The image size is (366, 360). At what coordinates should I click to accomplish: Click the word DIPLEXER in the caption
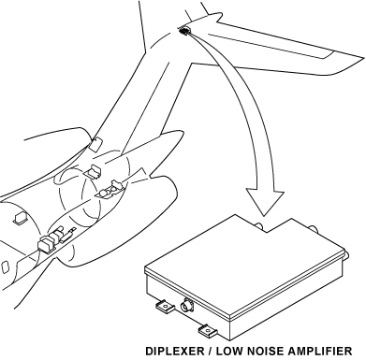(174, 351)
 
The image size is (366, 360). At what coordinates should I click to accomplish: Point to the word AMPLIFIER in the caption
(320, 351)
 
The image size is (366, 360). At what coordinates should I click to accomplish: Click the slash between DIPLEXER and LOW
(210, 351)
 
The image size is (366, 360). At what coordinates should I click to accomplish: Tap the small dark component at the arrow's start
(184, 31)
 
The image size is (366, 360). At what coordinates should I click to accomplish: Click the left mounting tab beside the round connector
(166, 307)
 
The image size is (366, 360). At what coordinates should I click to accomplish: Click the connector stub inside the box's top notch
(259, 226)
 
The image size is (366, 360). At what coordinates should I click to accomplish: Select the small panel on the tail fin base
(96, 143)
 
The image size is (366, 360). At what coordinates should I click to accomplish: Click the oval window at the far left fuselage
(5, 267)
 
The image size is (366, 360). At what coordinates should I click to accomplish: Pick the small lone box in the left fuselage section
(21, 218)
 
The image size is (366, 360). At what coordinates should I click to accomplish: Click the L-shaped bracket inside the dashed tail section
(95, 171)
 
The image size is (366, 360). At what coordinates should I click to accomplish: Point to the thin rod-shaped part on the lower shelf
(68, 236)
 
